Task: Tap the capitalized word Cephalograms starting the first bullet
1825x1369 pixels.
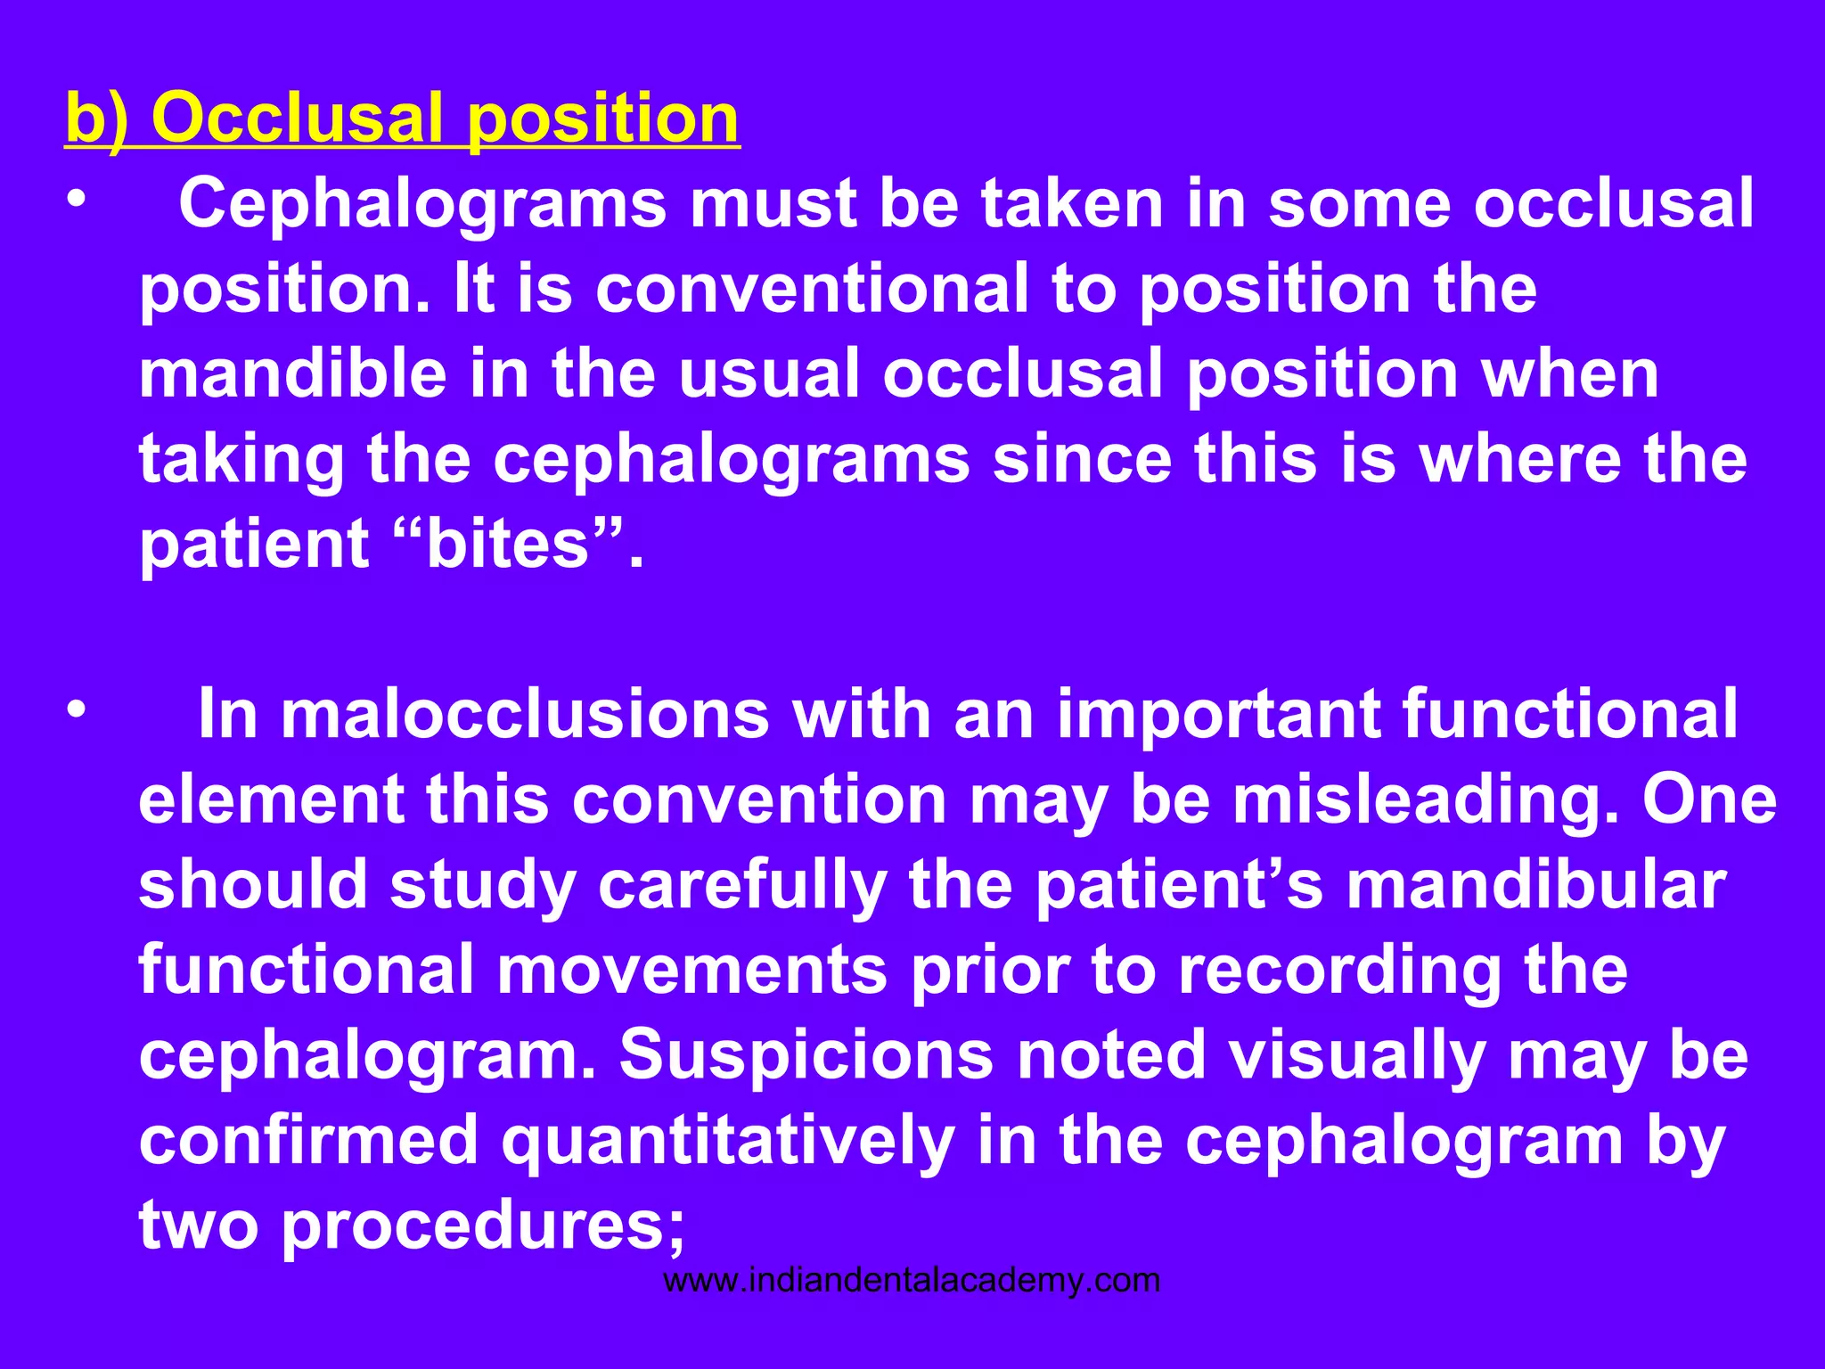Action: (422, 204)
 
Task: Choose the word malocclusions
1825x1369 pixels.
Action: (526, 714)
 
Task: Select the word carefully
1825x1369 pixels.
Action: (741, 884)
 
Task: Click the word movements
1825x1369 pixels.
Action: (692, 969)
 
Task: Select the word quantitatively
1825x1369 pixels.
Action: (727, 1140)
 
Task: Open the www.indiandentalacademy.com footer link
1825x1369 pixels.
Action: (912, 1281)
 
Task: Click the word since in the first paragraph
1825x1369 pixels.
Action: (1082, 459)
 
